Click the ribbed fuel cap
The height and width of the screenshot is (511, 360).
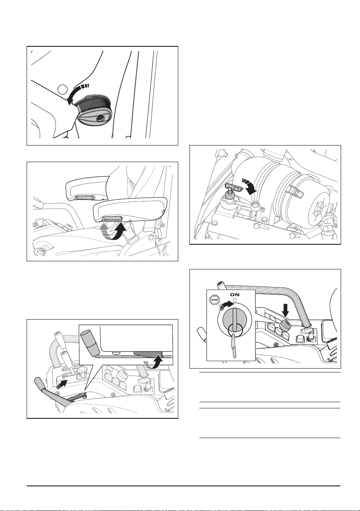tap(93, 111)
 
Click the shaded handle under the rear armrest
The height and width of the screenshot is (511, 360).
tap(84, 197)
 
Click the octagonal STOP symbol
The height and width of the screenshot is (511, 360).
tap(215, 300)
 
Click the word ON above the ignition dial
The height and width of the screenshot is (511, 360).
tap(235, 294)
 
